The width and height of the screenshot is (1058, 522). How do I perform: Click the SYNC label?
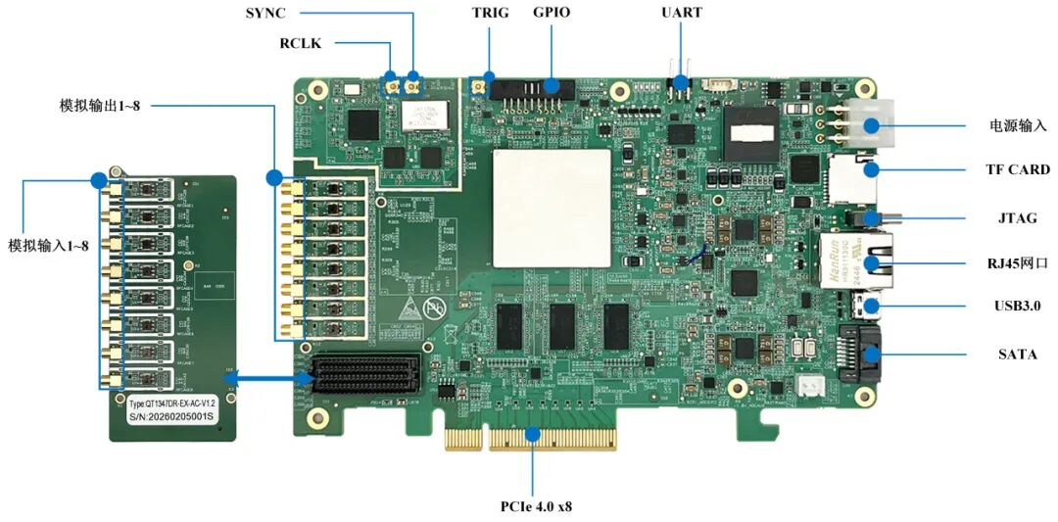(x=265, y=13)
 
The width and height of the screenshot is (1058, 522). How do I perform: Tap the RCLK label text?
(x=300, y=43)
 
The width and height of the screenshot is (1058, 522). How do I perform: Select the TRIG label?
(x=491, y=13)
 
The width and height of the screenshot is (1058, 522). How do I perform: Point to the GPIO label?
(x=552, y=13)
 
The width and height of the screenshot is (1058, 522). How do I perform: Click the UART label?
(x=682, y=13)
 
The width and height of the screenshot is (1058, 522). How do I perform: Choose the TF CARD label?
(x=1018, y=169)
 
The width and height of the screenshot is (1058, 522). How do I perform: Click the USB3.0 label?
(x=1018, y=306)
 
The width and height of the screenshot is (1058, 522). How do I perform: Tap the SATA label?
(x=1018, y=354)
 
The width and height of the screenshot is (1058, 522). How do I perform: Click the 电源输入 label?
(x=1018, y=125)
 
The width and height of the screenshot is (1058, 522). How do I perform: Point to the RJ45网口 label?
(x=1018, y=261)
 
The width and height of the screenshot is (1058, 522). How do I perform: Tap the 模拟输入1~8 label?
(x=48, y=245)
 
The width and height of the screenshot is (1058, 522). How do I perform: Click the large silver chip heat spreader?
(x=552, y=208)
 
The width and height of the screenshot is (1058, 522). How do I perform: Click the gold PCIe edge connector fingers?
(x=535, y=438)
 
